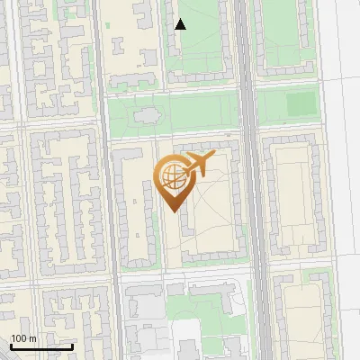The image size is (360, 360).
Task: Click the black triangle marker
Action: (181, 24)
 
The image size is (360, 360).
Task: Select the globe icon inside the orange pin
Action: (171, 176)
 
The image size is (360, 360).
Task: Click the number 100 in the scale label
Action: (19, 338)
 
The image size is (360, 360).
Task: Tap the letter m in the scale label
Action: (32, 338)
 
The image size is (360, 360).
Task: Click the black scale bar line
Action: (40, 346)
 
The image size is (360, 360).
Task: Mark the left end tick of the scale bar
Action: (10, 345)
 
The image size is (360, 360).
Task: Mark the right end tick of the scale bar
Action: (72, 345)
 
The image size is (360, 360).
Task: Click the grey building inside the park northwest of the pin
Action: (145, 117)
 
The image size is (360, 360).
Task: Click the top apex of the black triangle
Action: (181, 19)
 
